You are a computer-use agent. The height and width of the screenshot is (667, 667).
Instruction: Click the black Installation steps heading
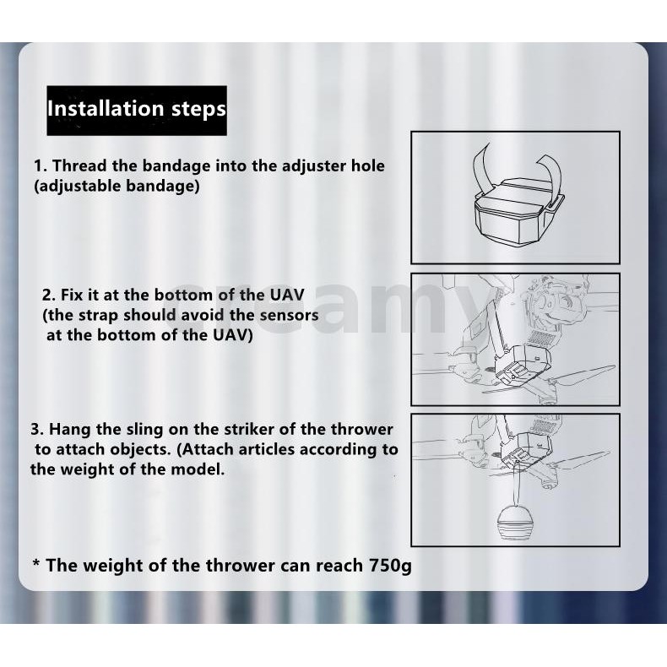tap(137, 110)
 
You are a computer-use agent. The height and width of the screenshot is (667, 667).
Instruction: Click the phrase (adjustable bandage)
tap(117, 187)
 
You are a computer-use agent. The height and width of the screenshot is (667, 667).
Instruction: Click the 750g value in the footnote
tap(390, 566)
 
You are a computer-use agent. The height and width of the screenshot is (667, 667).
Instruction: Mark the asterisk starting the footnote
tap(36, 564)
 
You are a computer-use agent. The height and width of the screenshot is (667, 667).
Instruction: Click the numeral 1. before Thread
tap(41, 165)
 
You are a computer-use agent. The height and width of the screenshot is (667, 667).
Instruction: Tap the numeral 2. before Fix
tap(49, 295)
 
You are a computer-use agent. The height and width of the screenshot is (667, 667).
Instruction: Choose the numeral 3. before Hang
tap(37, 429)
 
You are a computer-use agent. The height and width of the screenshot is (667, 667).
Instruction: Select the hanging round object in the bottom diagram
tap(516, 523)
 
